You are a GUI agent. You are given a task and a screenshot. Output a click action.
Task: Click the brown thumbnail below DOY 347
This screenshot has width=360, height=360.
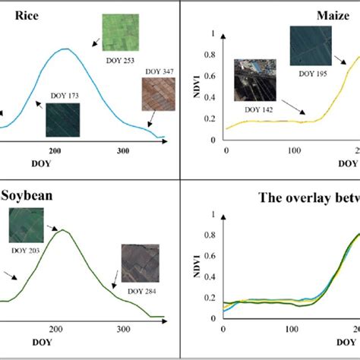pos(158,94)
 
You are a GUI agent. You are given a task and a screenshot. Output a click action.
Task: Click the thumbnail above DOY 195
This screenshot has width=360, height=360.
pos(311,46)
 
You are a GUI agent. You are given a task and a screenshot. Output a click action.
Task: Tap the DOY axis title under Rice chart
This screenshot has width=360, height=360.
pos(41,163)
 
